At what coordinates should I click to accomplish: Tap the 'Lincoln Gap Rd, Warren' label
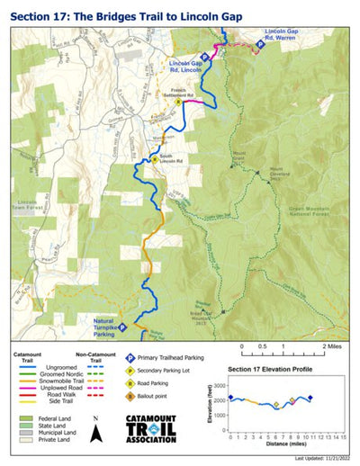point(282,36)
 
